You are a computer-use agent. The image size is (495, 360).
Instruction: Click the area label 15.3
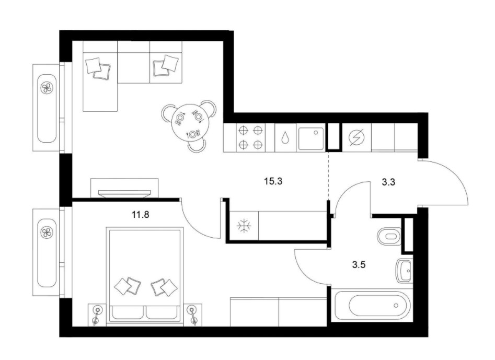click(273, 181)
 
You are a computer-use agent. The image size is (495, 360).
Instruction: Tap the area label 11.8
click(141, 215)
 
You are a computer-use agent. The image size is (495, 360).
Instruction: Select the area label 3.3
click(388, 182)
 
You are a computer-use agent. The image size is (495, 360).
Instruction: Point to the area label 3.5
click(359, 264)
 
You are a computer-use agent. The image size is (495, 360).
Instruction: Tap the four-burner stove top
click(251, 137)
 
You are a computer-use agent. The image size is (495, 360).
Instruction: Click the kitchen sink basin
click(311, 138)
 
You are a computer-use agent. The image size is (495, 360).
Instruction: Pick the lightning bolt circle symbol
click(356, 137)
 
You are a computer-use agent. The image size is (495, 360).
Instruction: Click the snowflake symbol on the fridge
click(244, 226)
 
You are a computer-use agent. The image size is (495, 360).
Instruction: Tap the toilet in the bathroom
click(389, 236)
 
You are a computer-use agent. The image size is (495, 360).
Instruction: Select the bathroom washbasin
click(404, 271)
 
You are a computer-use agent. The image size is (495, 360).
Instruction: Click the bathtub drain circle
click(396, 306)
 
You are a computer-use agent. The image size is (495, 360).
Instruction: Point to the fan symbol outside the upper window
click(47, 87)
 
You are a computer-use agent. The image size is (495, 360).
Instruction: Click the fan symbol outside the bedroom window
click(47, 233)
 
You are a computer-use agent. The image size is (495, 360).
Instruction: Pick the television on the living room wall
click(124, 193)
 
